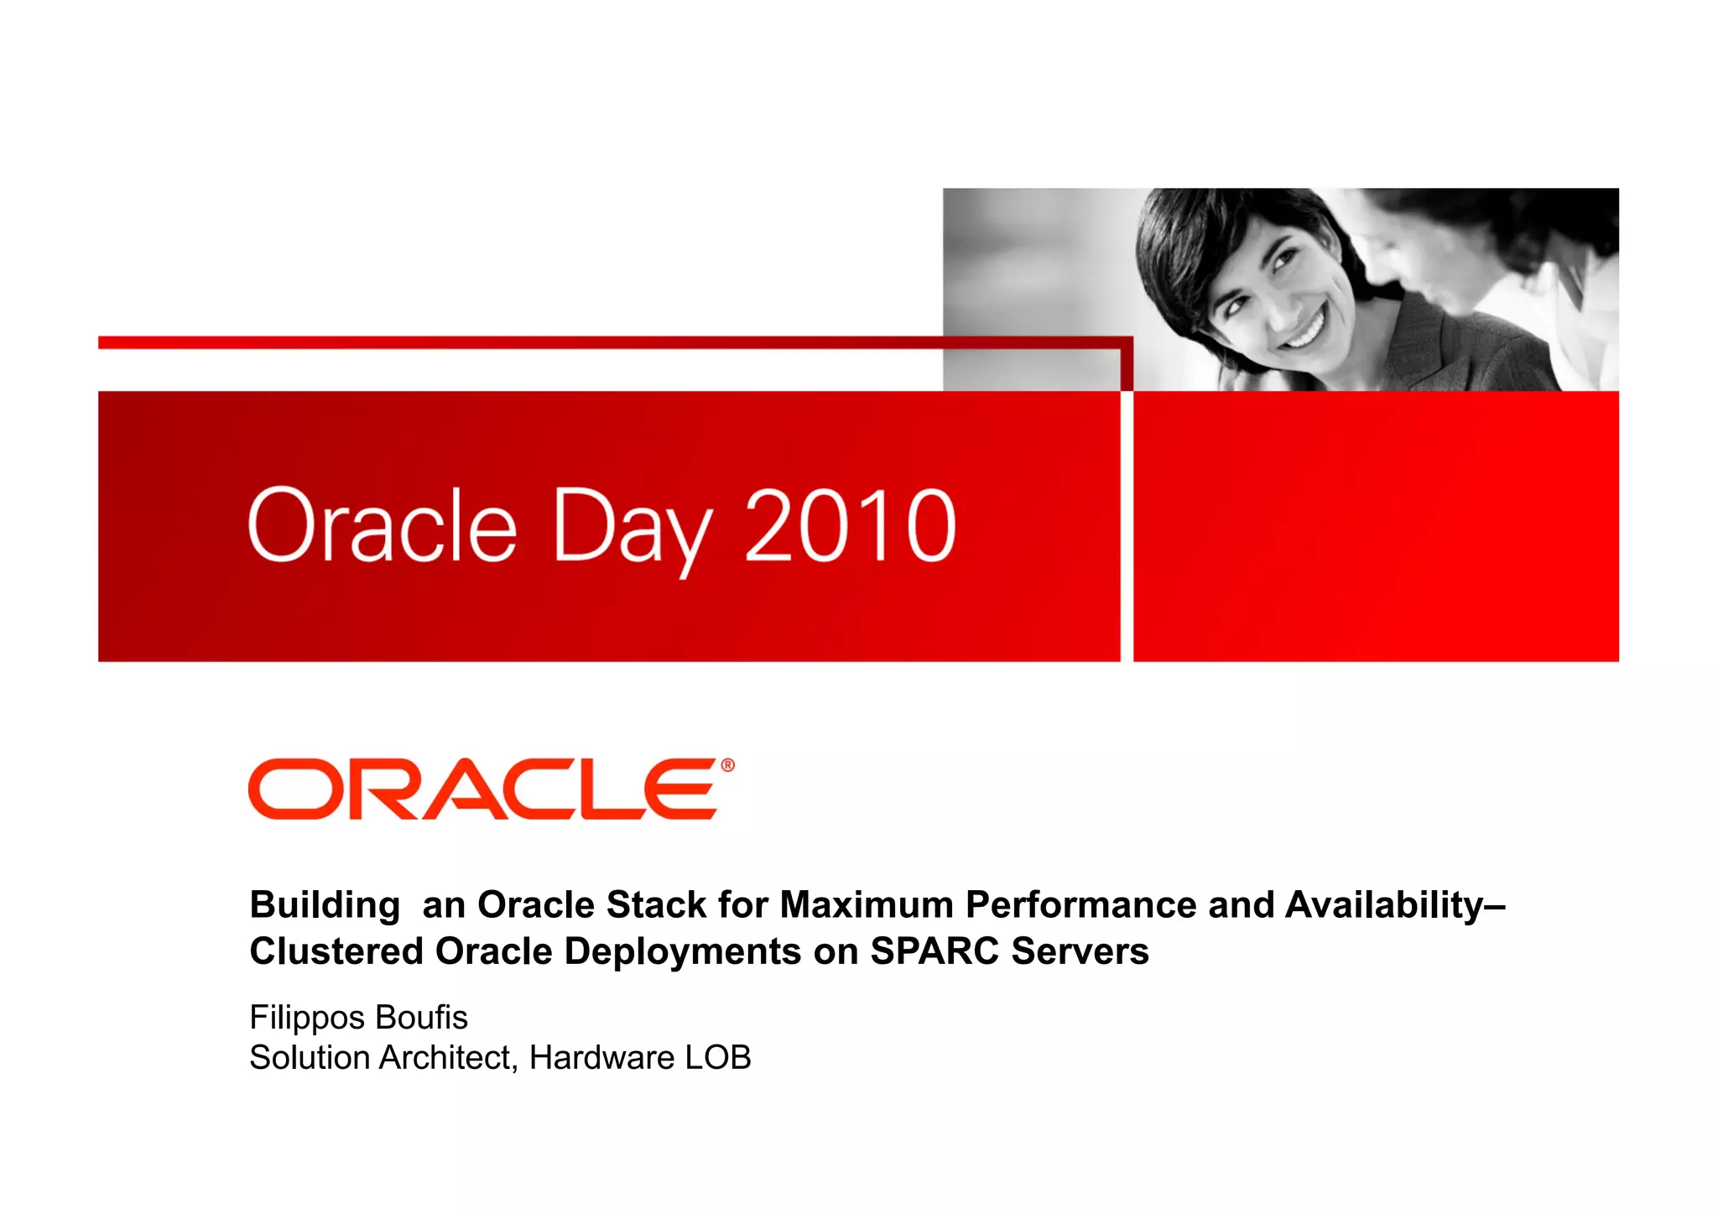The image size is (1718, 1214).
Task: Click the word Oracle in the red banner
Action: [383, 526]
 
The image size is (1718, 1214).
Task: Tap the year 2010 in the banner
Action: [850, 526]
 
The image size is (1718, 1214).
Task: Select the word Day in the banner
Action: [633, 529]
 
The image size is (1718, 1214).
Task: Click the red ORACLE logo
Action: [484, 789]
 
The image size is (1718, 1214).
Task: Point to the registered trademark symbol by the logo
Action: [727, 765]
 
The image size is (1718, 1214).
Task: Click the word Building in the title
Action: [325, 906]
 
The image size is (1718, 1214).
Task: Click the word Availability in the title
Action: [1384, 906]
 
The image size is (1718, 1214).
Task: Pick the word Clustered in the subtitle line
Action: [336, 951]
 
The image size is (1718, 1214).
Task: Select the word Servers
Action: [1080, 951]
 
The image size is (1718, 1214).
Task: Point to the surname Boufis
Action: [421, 1018]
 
